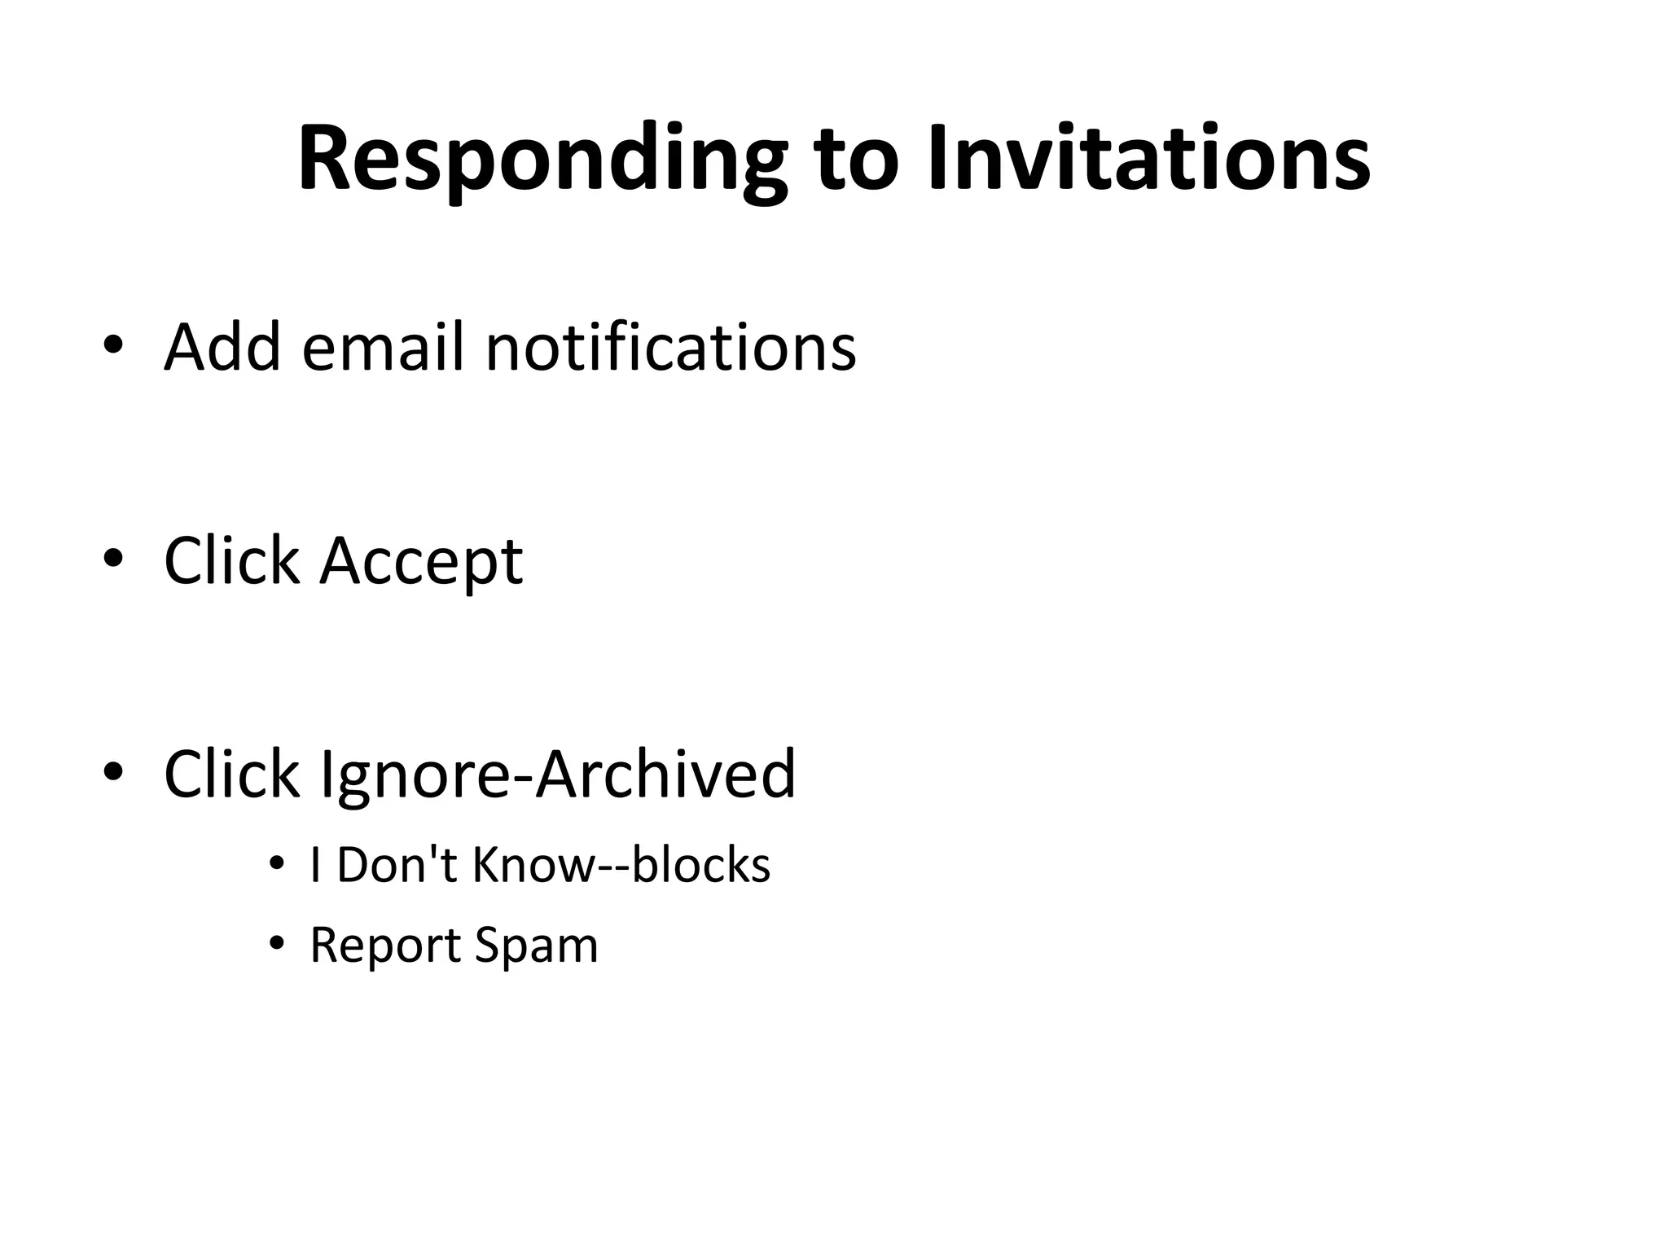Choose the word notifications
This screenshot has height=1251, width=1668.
pyautogui.click(x=670, y=347)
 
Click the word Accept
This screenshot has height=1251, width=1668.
pyautogui.click(x=421, y=562)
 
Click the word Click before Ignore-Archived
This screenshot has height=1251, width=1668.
pyautogui.click(x=231, y=774)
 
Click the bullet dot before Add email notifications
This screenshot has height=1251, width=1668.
pyautogui.click(x=113, y=344)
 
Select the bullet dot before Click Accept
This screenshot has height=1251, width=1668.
pyautogui.click(x=113, y=558)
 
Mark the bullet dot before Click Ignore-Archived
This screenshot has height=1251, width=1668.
pyautogui.click(x=113, y=770)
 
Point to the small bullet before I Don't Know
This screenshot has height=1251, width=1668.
pyautogui.click(x=277, y=863)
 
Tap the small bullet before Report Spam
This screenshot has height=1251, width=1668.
pyautogui.click(x=277, y=943)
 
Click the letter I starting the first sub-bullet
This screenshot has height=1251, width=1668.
pyautogui.click(x=315, y=864)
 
